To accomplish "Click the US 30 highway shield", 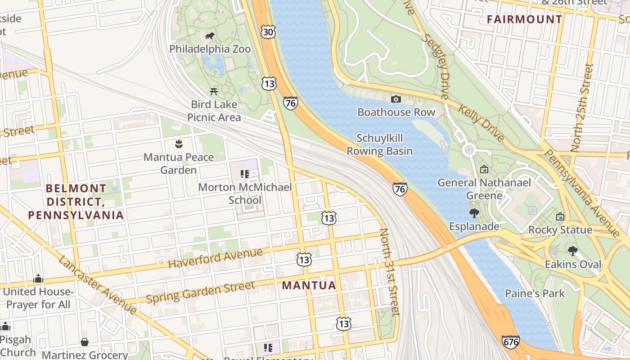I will (x=268, y=31).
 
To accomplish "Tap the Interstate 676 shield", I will (x=511, y=342).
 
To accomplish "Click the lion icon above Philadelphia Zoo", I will (x=210, y=36).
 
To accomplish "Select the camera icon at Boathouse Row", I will (x=396, y=99).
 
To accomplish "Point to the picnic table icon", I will (x=214, y=91).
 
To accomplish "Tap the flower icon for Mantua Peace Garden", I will (x=179, y=144).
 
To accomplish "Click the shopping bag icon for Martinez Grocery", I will (x=85, y=342).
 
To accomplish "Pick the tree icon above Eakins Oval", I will (x=572, y=251).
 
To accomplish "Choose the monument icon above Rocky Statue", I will (x=560, y=216).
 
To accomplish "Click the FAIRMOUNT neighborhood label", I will (x=525, y=19).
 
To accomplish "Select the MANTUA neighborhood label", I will (x=309, y=285).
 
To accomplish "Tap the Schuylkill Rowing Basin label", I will (x=379, y=144).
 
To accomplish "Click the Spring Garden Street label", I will (x=200, y=292).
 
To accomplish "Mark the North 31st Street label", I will (x=390, y=272).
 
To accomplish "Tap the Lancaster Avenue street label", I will (x=97, y=285).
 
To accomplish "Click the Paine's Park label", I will (x=535, y=293).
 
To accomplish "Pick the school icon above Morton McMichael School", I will (x=245, y=174).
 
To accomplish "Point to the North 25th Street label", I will (x=582, y=108).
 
